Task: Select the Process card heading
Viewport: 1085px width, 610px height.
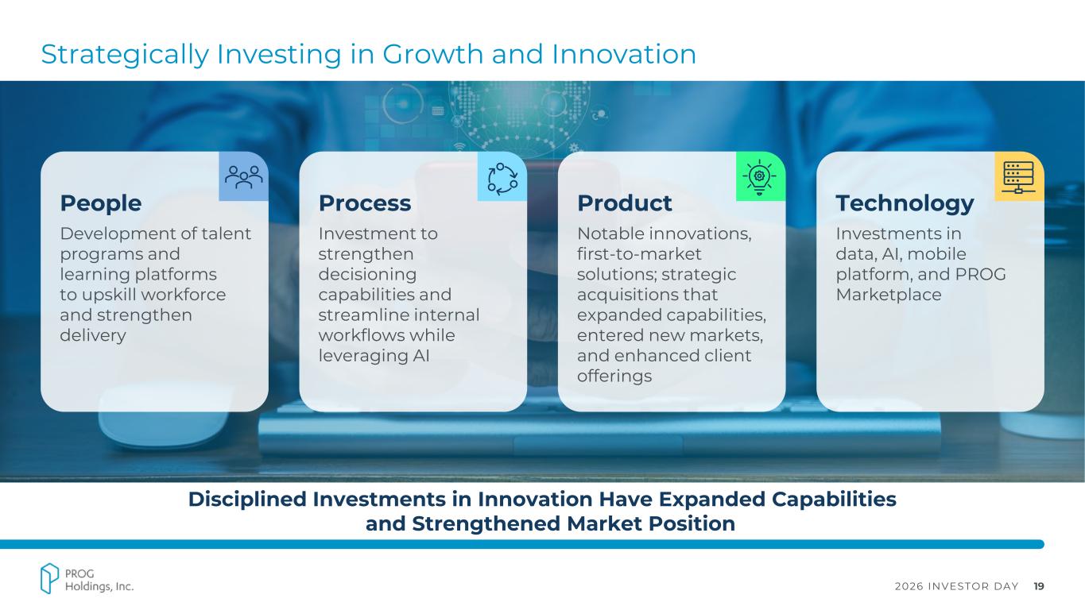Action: click(x=365, y=203)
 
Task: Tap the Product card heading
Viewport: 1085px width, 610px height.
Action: click(x=624, y=203)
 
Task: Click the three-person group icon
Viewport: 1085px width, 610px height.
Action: click(x=244, y=177)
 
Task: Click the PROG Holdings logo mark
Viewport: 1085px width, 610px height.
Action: click(x=49, y=578)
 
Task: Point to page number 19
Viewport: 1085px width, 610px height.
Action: click(x=1038, y=586)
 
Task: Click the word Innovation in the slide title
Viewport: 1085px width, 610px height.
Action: click(x=624, y=54)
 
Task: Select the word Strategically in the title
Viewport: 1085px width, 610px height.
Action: click(x=125, y=55)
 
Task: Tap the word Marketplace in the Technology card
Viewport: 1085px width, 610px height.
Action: click(x=889, y=295)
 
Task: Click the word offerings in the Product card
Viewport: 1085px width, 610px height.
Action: click(x=614, y=376)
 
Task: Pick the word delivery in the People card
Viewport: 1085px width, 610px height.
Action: click(x=93, y=335)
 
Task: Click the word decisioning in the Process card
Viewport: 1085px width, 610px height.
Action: click(x=367, y=275)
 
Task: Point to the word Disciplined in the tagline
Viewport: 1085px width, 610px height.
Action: click(x=247, y=499)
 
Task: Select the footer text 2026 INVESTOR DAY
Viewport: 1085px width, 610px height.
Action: click(x=956, y=586)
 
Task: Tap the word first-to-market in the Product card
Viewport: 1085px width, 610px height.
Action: click(x=639, y=254)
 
